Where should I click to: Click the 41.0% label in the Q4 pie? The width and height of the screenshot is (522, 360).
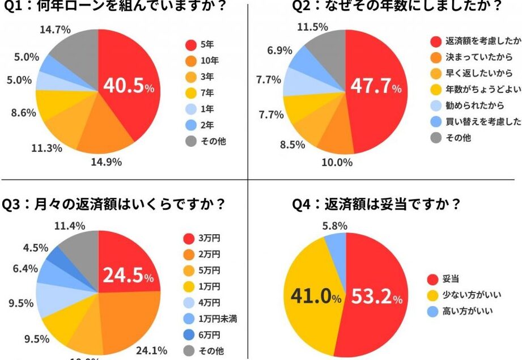[316, 296]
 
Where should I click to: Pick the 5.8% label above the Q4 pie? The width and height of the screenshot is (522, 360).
[335, 225]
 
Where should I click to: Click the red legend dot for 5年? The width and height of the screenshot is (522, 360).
[191, 44]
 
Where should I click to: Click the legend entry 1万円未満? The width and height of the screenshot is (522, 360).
[218, 319]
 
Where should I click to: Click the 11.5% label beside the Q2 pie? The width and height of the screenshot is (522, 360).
[312, 27]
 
